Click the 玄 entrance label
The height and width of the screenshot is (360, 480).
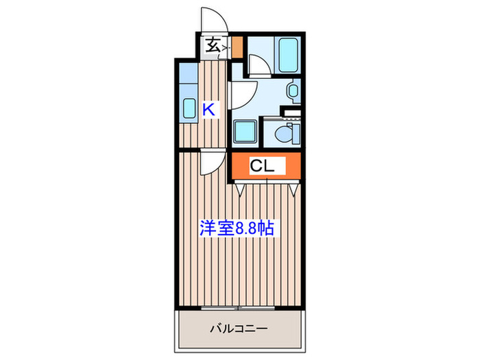point(213,46)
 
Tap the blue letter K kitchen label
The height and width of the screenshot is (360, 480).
point(209,109)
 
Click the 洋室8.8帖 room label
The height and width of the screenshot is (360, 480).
point(237,228)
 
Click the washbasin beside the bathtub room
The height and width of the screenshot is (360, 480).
point(293,91)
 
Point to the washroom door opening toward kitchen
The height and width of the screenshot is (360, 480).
point(243,95)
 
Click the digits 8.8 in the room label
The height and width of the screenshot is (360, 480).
point(248,228)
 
